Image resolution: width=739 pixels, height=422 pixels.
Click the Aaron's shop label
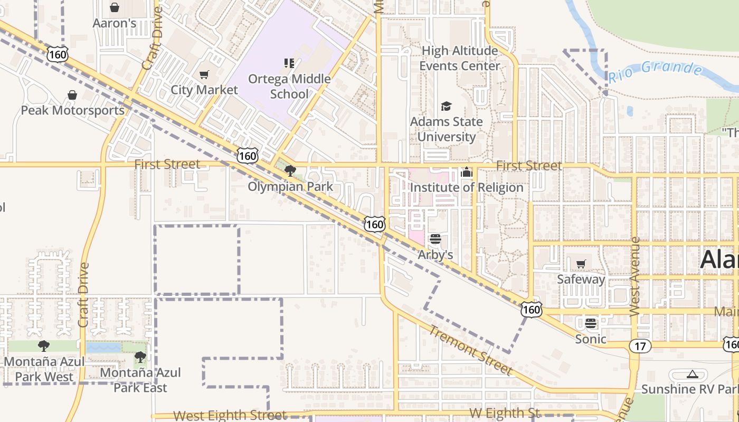tap(115, 23)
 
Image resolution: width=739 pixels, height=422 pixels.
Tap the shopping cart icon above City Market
tap(204, 75)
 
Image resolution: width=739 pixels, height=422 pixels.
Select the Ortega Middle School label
tap(289, 87)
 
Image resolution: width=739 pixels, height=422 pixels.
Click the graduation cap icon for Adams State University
tap(447, 107)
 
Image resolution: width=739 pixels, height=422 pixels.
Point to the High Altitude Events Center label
tap(459, 58)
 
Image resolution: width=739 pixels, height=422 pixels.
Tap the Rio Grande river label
tap(656, 72)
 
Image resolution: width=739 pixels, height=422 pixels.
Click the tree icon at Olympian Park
tap(290, 170)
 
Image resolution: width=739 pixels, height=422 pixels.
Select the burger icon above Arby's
tap(435, 239)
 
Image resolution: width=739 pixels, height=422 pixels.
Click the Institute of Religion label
tap(467, 188)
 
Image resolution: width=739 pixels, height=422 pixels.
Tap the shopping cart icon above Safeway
tap(581, 264)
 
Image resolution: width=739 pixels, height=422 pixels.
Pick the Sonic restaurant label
tap(591, 339)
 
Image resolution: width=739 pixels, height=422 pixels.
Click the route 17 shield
tap(640, 346)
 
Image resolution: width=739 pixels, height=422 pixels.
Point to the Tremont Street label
tap(470, 350)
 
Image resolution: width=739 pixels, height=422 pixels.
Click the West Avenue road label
tap(635, 277)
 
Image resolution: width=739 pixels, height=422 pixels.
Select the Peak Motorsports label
tap(73, 110)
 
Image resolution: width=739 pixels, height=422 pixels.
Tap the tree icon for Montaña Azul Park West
tap(44, 346)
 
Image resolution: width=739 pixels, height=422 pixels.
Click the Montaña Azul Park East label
tap(140, 380)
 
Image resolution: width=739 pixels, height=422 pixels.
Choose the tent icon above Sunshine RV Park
tap(693, 375)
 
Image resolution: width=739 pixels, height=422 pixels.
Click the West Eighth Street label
tap(230, 416)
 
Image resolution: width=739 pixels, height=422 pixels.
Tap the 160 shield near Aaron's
tap(57, 54)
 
